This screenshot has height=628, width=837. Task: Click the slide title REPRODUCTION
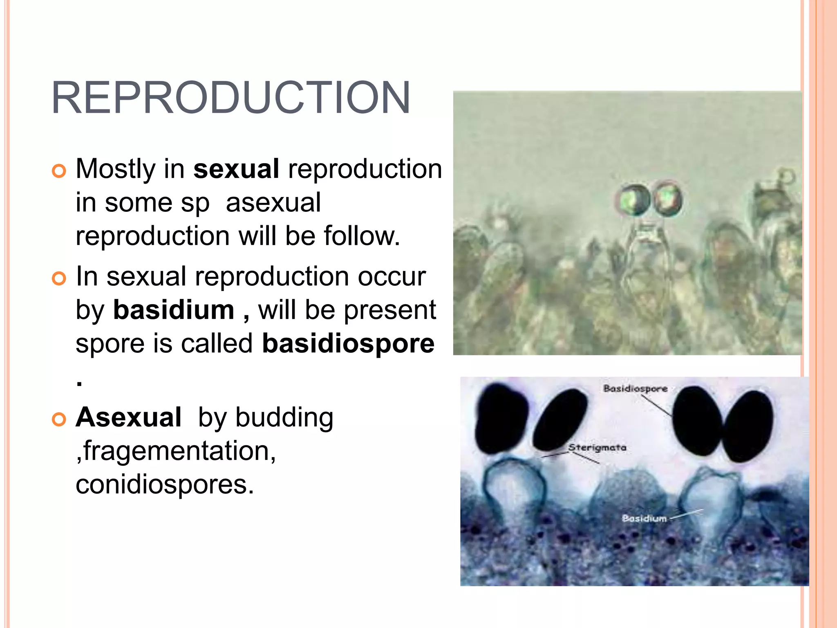pos(231,98)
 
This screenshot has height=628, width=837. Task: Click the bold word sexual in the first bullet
pos(236,169)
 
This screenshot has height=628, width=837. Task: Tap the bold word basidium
pos(174,310)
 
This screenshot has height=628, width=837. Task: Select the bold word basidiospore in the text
pos(348,343)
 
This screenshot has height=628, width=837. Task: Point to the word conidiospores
pos(165,485)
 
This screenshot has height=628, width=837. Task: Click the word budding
pos(284,418)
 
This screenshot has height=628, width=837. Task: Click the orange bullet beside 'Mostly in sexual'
pos(59,171)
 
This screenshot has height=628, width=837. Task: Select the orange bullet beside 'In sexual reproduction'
pos(59,279)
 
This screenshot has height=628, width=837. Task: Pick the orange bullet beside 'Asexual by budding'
pos(59,420)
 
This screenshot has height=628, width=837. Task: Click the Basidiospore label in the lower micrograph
pos(635,388)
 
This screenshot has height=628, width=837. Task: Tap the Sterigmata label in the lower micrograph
pos(597,448)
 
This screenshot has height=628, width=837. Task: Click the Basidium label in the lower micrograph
pos(644,518)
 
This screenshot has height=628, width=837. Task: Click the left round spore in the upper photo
pos(633,200)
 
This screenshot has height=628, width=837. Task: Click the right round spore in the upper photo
pos(667,200)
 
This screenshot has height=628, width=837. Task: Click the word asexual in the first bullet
pos(273,203)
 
